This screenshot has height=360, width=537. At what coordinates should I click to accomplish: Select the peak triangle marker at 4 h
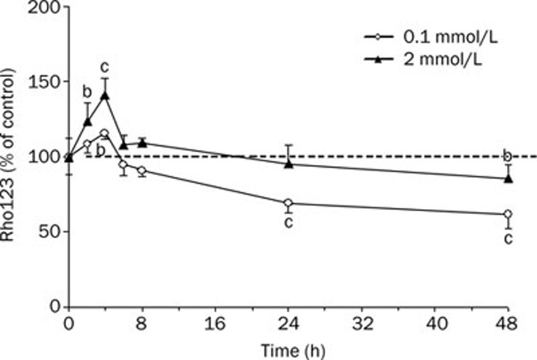[105, 95]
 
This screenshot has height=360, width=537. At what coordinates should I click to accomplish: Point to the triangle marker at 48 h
[508, 179]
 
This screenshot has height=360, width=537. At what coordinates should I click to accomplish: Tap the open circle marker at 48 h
[508, 214]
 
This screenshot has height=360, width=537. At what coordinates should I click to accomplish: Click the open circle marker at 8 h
[142, 171]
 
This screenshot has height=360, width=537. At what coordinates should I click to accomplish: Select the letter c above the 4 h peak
[105, 67]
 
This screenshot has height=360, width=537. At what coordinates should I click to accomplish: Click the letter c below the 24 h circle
[288, 222]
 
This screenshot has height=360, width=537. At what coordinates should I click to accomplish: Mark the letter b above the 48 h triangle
[508, 155]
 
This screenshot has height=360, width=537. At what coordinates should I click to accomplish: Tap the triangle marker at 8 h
[142, 142]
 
